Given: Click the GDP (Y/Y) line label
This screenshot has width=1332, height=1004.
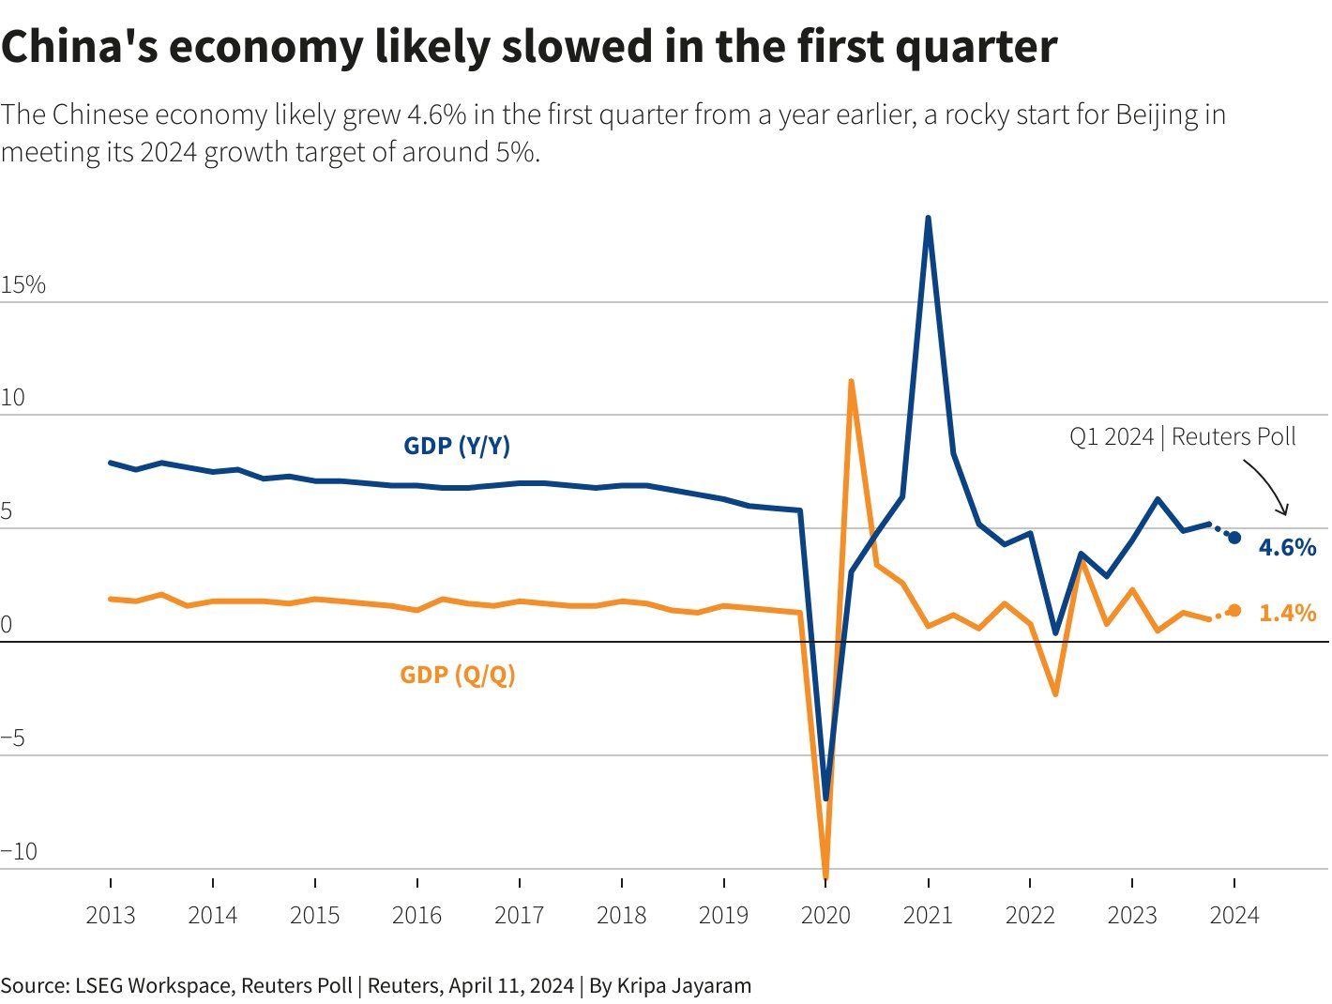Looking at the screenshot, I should [457, 446].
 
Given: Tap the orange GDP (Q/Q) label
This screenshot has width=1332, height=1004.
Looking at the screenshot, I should [458, 675].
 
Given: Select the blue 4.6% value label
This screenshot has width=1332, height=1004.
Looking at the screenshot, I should [1287, 547].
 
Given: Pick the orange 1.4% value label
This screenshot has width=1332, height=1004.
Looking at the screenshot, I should [1287, 613].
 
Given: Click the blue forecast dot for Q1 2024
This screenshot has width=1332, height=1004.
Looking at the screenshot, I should [1234, 538].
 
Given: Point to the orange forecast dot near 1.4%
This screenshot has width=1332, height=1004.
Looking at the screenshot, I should [1234, 611].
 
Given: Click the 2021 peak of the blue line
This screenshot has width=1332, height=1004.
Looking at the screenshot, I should [928, 218].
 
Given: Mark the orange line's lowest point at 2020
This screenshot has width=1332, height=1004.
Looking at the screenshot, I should [825, 876].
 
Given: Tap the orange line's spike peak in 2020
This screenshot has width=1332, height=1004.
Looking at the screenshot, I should [851, 381].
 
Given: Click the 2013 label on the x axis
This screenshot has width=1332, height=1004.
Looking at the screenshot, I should [111, 916].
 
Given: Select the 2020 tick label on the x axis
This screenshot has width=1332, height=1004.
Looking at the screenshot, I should [825, 916].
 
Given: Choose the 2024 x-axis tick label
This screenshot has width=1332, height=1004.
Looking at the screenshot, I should [1234, 916].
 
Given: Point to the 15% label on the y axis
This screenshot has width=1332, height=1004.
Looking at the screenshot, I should [23, 285].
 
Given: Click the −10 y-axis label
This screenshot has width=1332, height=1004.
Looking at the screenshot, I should [20, 852].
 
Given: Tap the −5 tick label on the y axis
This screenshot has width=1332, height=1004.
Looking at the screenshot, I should [14, 738].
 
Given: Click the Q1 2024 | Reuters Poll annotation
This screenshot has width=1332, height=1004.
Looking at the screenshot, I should [1182, 437].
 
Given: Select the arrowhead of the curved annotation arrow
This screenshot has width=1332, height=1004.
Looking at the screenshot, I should [1284, 510].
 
